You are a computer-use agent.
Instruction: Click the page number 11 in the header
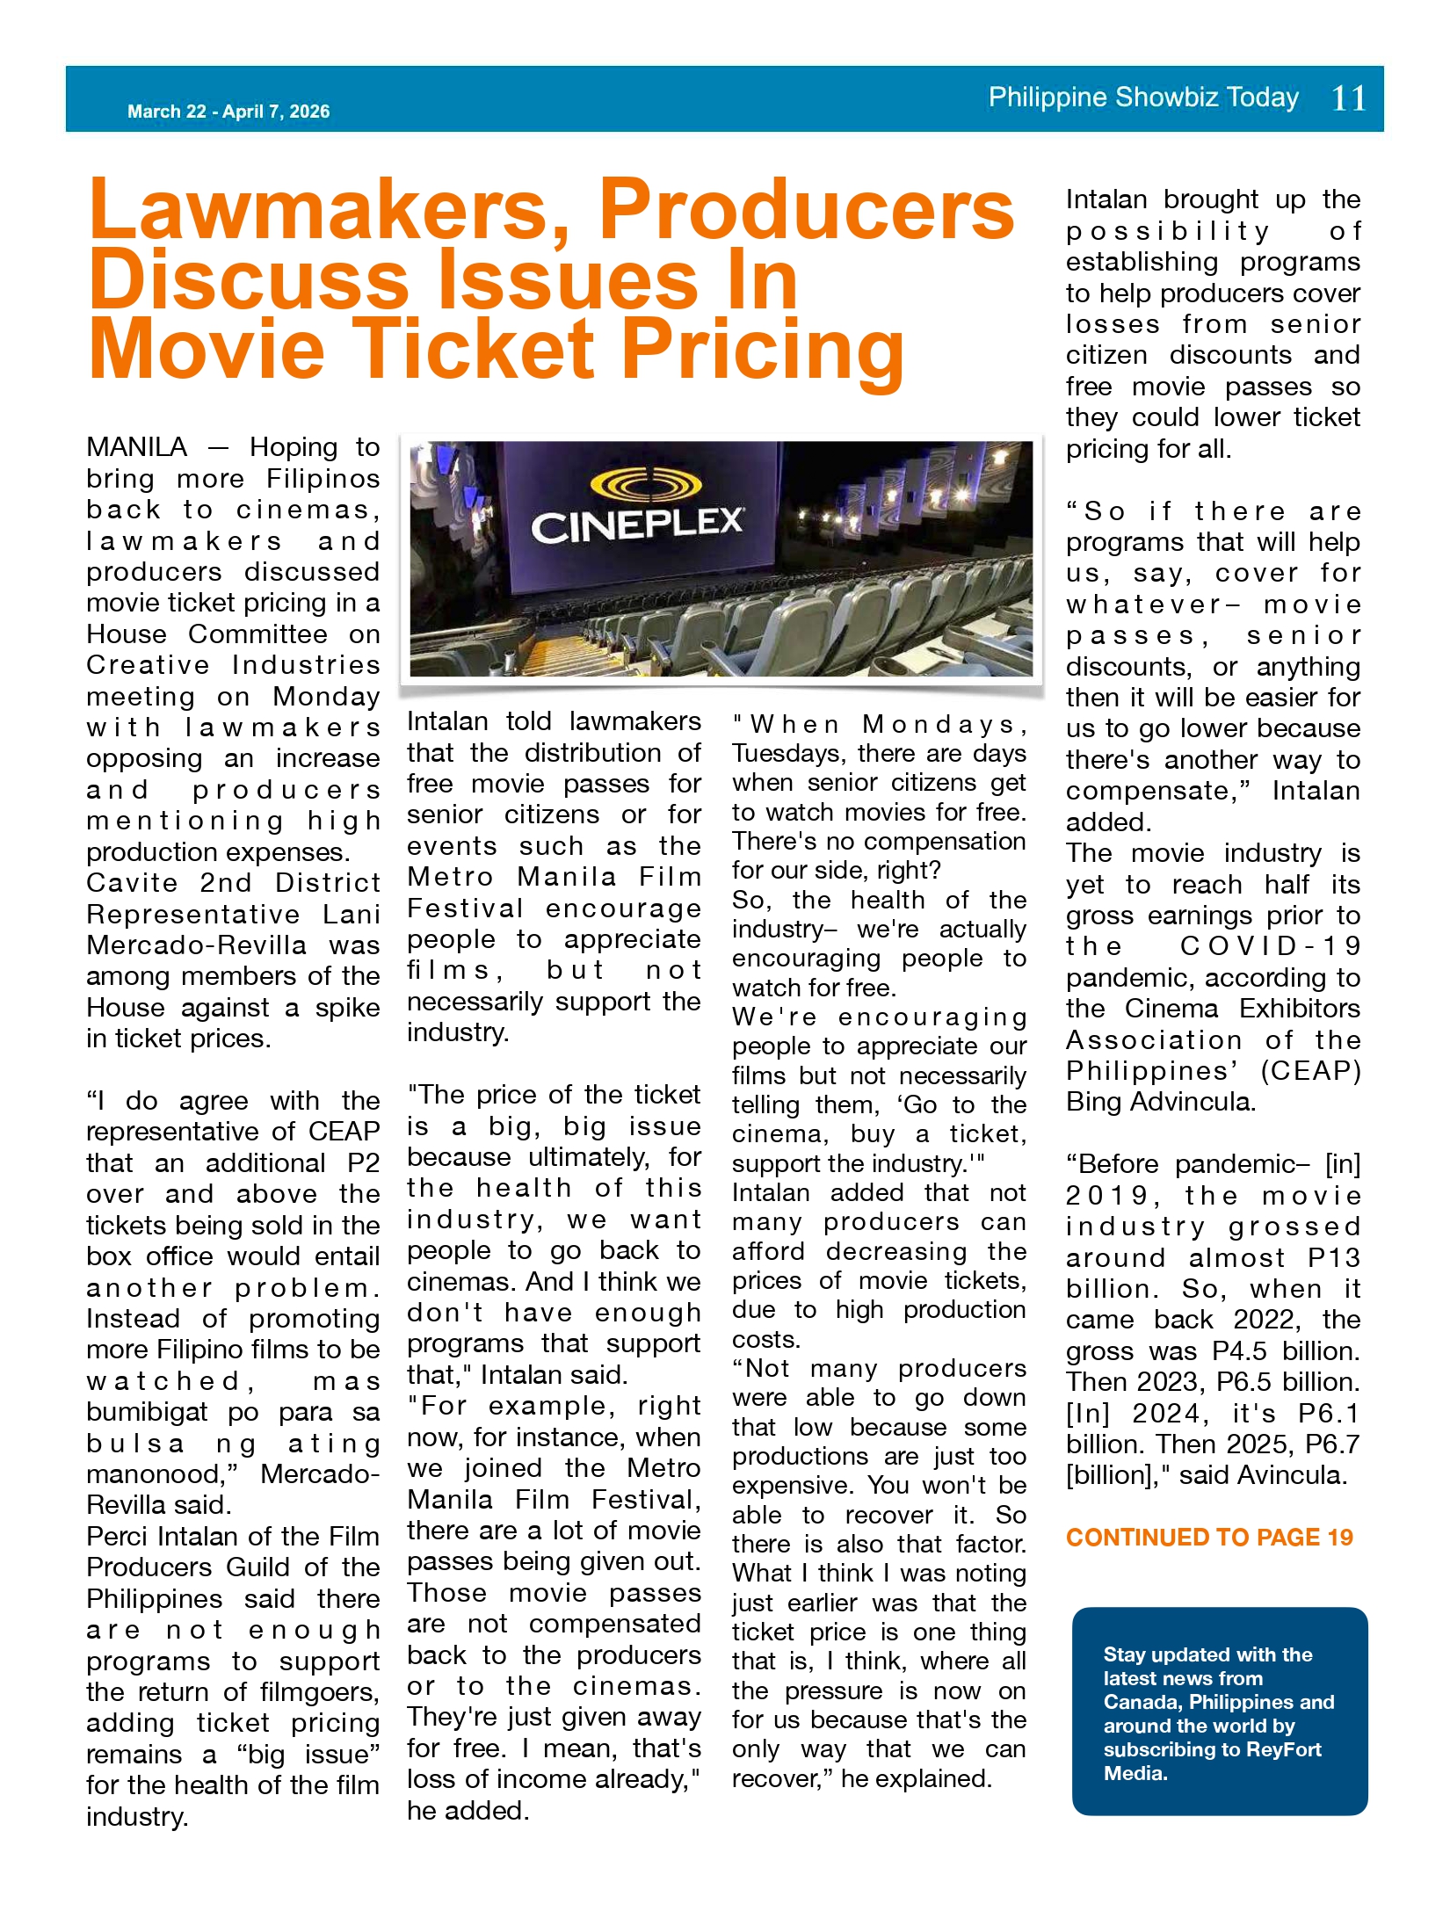point(1349,98)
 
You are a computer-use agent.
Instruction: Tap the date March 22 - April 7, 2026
point(228,112)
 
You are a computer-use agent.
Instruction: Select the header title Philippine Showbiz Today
point(1142,97)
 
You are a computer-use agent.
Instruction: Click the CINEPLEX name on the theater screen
point(637,526)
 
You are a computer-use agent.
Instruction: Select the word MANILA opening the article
point(137,447)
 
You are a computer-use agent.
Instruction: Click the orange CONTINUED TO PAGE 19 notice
point(1209,1537)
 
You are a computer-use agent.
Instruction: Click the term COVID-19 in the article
point(1270,946)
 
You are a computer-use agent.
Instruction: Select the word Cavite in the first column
point(132,883)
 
